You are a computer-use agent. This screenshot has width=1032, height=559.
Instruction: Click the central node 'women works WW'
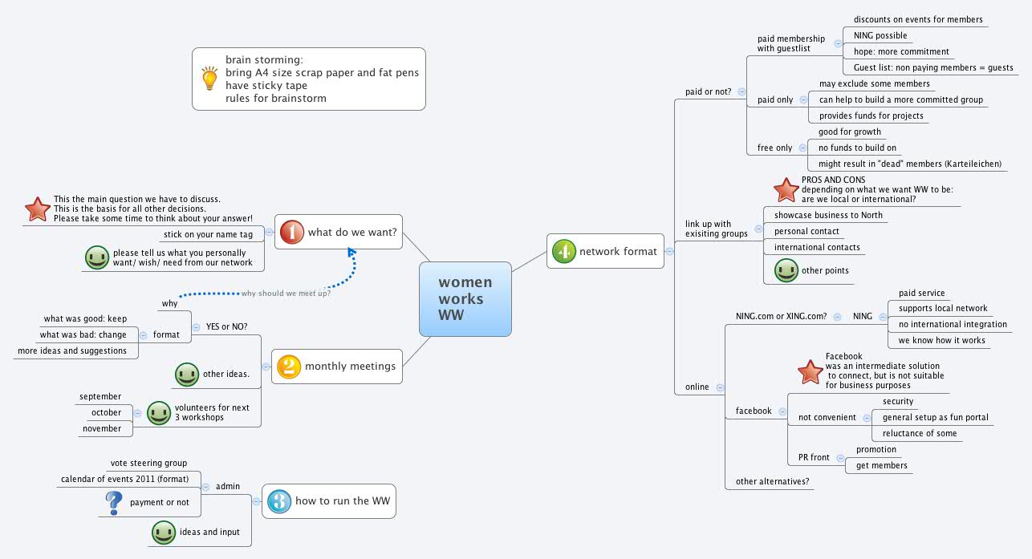[x=465, y=298]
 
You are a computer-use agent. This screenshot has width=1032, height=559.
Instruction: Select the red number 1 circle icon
[x=292, y=233]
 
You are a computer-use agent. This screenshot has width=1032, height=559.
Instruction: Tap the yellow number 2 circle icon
[x=288, y=367]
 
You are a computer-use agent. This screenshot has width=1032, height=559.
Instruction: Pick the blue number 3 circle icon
[x=278, y=501]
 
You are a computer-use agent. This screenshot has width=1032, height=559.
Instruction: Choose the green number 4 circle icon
[x=564, y=251]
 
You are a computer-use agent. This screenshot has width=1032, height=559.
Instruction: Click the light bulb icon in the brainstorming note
[x=209, y=79]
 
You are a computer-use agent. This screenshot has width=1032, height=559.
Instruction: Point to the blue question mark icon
[x=113, y=503]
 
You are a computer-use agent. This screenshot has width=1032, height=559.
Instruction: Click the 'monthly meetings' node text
[x=350, y=367]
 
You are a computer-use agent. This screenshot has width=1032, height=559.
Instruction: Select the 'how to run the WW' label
[x=343, y=501]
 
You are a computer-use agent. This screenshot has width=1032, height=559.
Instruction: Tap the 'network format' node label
[x=618, y=251]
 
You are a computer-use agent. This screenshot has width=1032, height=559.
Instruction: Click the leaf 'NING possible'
[x=880, y=35]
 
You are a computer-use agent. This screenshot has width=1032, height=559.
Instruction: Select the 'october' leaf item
[x=106, y=412]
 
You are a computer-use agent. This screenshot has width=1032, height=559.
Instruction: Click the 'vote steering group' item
[x=148, y=463]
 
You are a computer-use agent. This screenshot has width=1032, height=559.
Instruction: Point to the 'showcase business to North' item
[x=828, y=215]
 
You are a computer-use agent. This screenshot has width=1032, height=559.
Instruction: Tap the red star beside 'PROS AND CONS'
[x=786, y=189]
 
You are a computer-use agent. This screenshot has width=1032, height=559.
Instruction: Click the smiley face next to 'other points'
[x=786, y=270]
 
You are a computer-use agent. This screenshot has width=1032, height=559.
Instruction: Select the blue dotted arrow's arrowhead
[x=351, y=253]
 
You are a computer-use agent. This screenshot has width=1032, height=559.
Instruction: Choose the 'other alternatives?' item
[x=773, y=482]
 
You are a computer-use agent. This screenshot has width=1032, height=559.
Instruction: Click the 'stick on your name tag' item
[x=208, y=234]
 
